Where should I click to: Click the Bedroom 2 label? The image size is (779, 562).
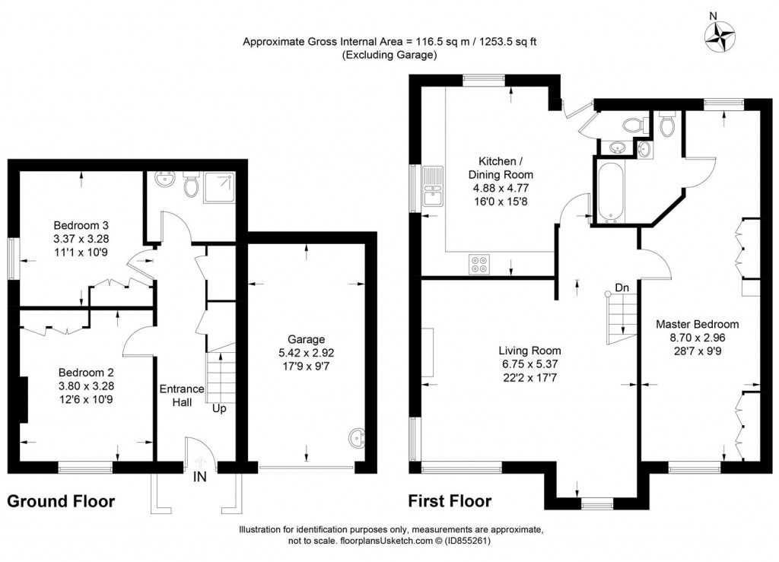[86, 372]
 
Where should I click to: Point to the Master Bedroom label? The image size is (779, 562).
[697, 324]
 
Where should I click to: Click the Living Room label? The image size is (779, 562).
[529, 351]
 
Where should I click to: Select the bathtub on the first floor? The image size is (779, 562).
[610, 191]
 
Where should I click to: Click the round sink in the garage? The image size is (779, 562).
[357, 439]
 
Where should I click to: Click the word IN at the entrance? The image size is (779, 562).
[200, 477]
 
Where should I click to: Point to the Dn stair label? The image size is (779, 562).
[622, 288]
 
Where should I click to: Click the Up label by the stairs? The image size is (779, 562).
[219, 408]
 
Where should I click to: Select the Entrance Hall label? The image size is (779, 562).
[181, 395]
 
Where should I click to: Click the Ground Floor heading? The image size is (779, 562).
[61, 501]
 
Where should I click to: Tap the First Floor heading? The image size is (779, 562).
[450, 501]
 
